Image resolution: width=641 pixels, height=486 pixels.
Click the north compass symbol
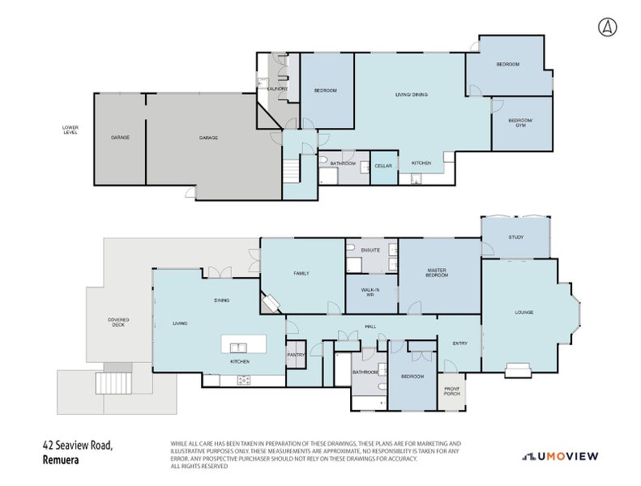(x=606, y=27)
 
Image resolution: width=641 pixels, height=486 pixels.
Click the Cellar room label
(x=383, y=166)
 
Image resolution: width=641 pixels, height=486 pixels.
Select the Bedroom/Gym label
(x=520, y=123)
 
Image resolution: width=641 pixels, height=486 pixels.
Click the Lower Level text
(x=71, y=130)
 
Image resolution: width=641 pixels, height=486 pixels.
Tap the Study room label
(x=515, y=237)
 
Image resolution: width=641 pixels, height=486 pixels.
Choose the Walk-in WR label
(x=370, y=292)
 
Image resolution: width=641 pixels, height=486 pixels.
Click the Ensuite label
(x=370, y=250)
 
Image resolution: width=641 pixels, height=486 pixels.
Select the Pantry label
(x=295, y=355)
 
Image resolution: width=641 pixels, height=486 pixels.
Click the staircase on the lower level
(x=291, y=170)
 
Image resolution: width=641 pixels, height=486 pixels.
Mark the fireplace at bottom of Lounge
(x=516, y=371)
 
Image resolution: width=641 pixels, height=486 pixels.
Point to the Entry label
(x=459, y=343)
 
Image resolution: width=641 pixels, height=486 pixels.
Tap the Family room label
(x=301, y=274)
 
